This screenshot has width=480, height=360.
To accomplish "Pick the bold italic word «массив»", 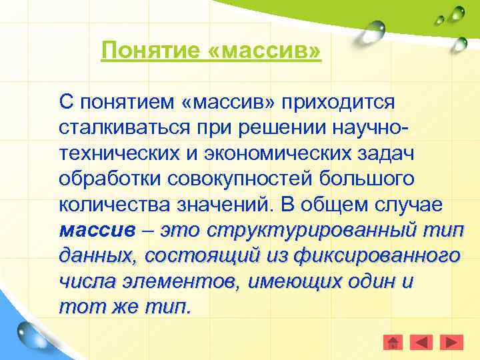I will click(x=97, y=231).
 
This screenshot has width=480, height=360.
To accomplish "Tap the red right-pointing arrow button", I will click(x=453, y=343).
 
